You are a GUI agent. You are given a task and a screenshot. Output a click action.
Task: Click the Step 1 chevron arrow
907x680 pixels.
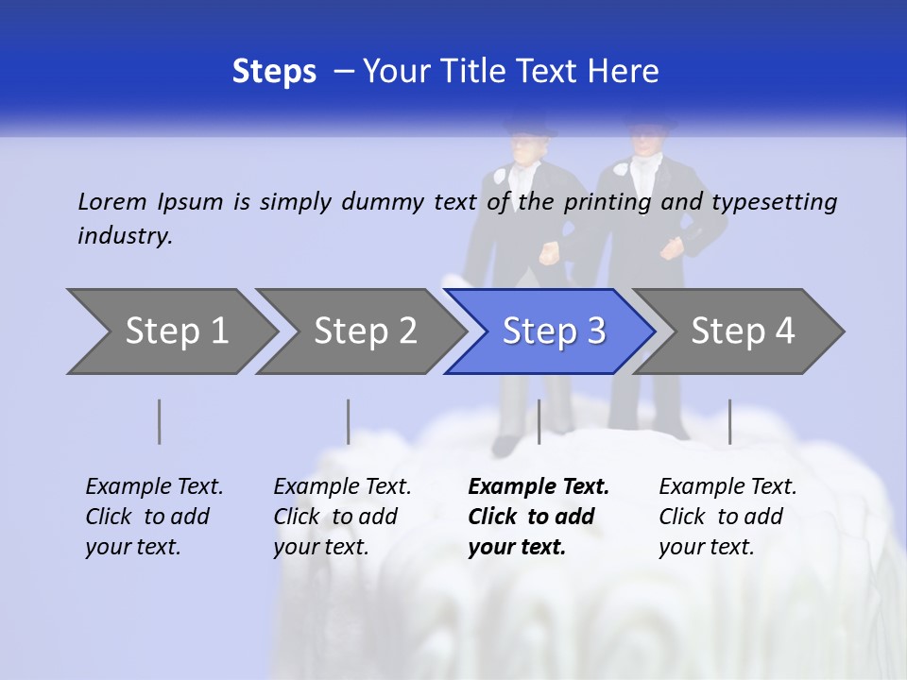coord(176,331)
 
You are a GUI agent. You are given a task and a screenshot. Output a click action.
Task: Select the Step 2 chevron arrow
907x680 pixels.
coord(365,331)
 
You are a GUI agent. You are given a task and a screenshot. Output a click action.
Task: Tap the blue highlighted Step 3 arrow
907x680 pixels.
coord(554,331)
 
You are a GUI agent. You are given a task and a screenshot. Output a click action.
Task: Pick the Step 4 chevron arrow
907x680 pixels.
coord(743,331)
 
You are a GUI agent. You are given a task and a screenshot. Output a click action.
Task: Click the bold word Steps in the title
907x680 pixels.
coord(274,71)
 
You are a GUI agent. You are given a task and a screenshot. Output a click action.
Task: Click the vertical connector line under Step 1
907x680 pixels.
coord(160,421)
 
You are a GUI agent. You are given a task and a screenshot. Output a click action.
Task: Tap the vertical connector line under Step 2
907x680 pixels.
coord(349,421)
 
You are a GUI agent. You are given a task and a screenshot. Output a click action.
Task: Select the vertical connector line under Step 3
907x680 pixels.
coord(539,421)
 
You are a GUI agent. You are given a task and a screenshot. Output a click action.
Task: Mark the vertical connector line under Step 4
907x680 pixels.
coord(729,421)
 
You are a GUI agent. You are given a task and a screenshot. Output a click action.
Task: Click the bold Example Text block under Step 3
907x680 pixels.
coord(539,517)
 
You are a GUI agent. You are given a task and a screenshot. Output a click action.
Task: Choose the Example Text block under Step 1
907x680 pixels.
coord(154,517)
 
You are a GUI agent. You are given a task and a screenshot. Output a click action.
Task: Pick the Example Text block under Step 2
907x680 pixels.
coord(342,517)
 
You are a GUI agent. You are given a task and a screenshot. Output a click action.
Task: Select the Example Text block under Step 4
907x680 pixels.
coord(727,517)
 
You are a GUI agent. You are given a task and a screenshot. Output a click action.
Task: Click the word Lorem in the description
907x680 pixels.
coord(112,201)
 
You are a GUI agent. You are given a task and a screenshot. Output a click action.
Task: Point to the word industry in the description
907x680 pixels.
coord(125,236)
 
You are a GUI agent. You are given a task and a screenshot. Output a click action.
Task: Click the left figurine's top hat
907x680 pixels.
coord(528,124)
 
